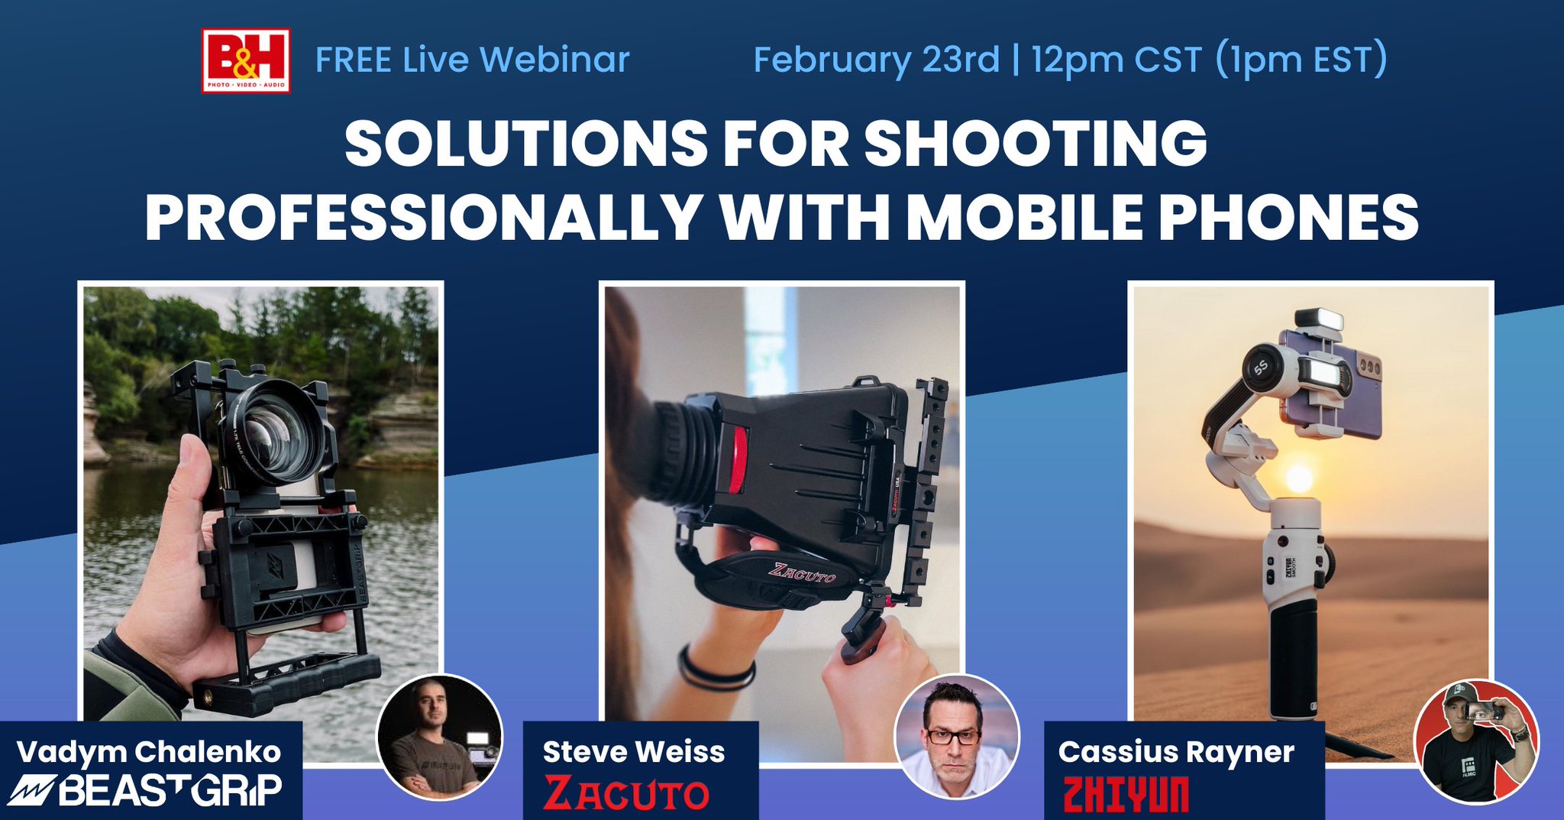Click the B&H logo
point(245,60)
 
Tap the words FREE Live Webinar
point(472,60)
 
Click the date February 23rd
point(876,60)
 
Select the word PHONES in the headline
point(1288,217)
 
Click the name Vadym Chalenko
point(149,752)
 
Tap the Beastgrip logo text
point(149,790)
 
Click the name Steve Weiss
point(634,752)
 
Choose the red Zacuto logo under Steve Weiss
point(626,793)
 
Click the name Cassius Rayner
point(1176,752)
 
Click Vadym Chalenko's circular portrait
point(439,737)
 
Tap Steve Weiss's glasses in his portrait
point(953,737)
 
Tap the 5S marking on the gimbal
point(1261,367)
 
